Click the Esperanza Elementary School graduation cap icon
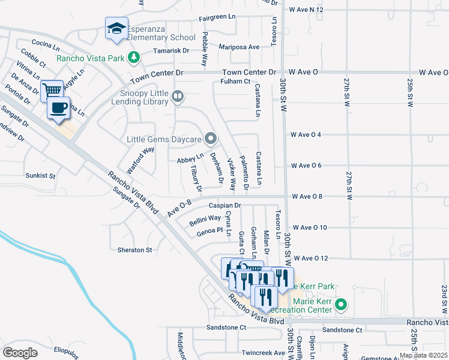[116, 28]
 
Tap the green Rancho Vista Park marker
[134, 58]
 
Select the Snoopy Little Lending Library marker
[177, 96]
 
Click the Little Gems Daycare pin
[210, 139]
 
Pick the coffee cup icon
[58, 107]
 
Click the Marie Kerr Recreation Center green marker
[341, 304]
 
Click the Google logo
[20, 352]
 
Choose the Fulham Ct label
[235, 81]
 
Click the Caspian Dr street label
[224, 205]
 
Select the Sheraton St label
[131, 250]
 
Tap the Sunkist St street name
[40, 176]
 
